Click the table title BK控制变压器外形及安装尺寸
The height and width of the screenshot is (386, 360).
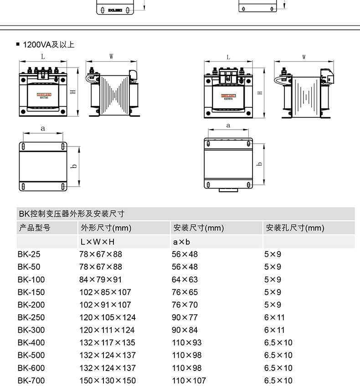(71, 214)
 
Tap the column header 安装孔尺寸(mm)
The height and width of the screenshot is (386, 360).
(295, 228)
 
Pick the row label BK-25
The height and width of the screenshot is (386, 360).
(29, 254)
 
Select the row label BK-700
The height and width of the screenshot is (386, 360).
(31, 380)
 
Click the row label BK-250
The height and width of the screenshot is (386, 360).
(31, 317)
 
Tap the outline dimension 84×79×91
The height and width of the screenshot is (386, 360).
(101, 279)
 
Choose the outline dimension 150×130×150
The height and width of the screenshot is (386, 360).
(108, 380)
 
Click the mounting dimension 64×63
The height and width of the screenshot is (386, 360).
(185, 279)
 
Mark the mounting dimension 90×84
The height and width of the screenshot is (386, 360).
(185, 330)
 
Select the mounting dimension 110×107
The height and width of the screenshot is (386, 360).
(189, 380)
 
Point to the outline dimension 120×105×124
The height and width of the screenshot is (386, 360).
(108, 317)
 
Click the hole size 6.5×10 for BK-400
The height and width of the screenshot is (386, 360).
(278, 342)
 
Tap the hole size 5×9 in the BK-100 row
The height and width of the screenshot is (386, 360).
(273, 279)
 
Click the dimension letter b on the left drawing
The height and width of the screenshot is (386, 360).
(73, 167)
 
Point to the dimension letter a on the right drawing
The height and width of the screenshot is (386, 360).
(228, 125)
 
